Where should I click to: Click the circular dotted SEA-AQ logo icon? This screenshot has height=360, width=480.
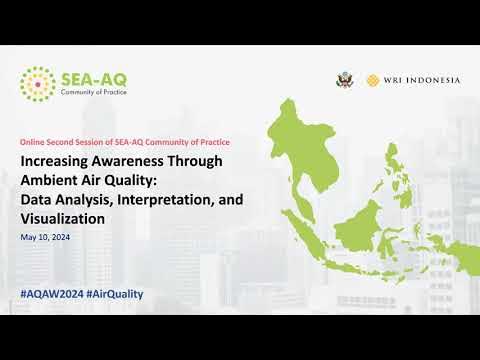click(x=38, y=84)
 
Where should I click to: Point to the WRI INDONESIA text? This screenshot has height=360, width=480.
click(x=421, y=80)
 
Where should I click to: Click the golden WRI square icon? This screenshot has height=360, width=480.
click(x=372, y=80)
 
